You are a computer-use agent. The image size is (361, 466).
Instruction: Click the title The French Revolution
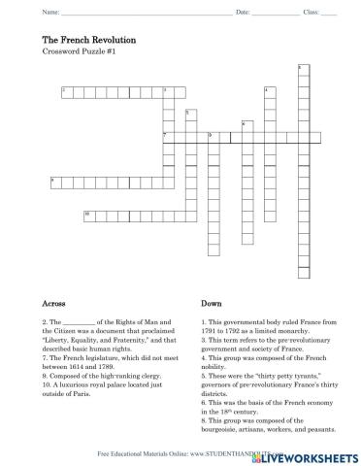tap(88, 39)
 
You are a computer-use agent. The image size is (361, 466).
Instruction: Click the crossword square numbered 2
tap(64, 90)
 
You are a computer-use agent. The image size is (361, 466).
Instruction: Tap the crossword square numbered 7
tap(166, 136)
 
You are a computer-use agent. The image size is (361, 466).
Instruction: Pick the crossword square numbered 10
tap(87, 214)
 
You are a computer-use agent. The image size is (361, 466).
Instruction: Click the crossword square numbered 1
tap(301, 68)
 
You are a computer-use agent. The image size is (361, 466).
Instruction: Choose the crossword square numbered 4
tap(267, 90)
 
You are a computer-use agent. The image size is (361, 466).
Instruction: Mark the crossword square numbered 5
tap(188, 114)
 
